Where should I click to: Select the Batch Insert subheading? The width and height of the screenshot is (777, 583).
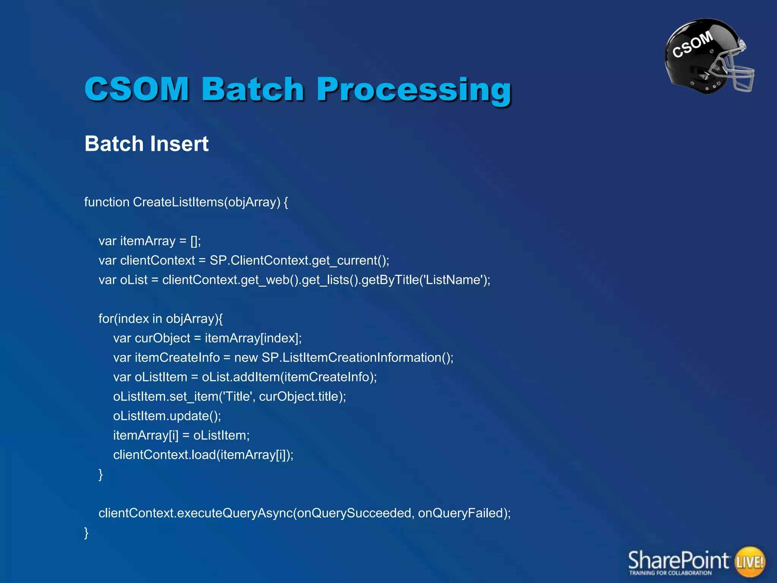146,144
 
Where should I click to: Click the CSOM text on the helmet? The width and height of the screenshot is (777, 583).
692,45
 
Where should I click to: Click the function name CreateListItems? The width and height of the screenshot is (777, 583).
178,202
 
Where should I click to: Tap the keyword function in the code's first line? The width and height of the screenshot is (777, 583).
107,202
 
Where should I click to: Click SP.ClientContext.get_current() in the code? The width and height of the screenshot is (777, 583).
299,260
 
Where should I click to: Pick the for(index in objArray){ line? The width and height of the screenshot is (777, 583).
160,318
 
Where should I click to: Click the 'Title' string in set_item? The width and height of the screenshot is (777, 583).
238,396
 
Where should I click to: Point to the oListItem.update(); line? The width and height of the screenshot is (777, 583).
167,416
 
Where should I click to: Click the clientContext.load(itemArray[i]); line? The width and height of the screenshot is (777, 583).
203,455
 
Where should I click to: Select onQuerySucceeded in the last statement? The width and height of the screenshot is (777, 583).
354,513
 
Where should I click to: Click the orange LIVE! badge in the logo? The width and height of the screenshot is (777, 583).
750,561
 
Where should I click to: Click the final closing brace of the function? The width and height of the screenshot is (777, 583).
86,533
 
